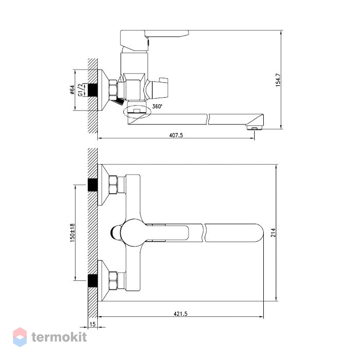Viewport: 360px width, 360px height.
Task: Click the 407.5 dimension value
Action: pyautogui.click(x=176, y=135)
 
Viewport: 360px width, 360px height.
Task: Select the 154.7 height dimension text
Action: pyautogui.click(x=278, y=80)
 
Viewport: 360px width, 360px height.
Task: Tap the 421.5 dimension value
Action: pyautogui.click(x=181, y=314)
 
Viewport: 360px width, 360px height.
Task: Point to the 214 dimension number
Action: pyautogui.click(x=273, y=232)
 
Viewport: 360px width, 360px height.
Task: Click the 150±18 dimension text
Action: pyautogui.click(x=73, y=232)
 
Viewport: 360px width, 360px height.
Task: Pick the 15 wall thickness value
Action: pyautogui.click(x=92, y=324)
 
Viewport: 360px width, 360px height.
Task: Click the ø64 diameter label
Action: pyautogui.click(x=72, y=90)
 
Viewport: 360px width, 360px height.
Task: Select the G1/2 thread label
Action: pyautogui.click(x=80, y=90)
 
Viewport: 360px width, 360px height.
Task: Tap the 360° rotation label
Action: pyautogui.click(x=157, y=106)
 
